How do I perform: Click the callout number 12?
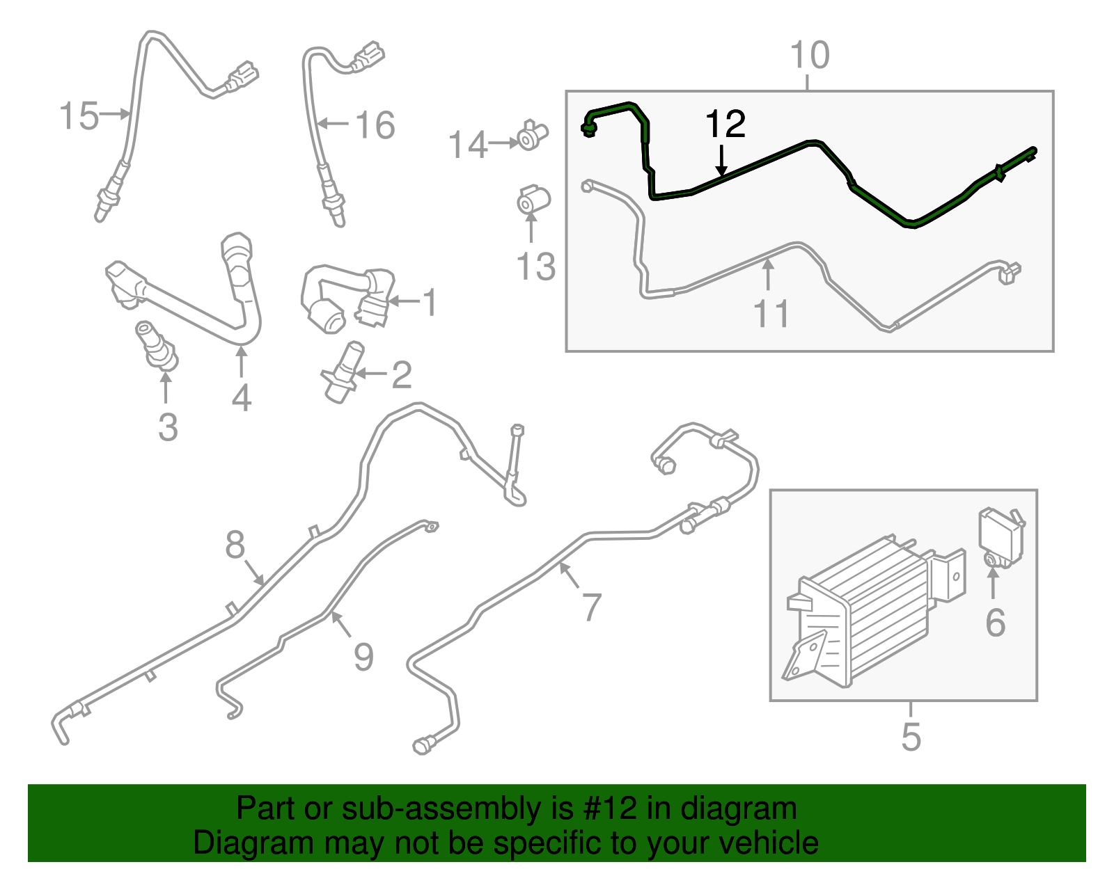coord(725,124)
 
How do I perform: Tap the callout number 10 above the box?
coord(810,55)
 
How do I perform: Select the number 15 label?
coord(79,115)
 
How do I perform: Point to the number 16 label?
coord(375,125)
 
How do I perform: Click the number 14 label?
coord(467,145)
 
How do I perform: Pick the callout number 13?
coord(535,266)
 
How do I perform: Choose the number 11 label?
coord(771,313)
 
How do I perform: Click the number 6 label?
coord(995,623)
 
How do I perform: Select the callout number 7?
coord(592,607)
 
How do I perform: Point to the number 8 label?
coord(235,545)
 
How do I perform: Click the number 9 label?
coord(363,657)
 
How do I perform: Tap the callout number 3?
coord(168,428)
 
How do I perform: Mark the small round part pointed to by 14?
coord(533,136)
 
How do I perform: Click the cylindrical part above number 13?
coord(533,200)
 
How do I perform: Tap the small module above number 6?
coord(1002,537)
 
